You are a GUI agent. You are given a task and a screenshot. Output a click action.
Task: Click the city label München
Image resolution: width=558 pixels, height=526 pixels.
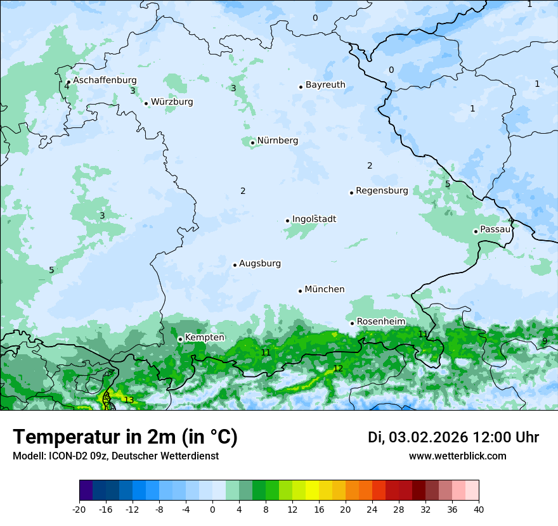(x=325, y=290)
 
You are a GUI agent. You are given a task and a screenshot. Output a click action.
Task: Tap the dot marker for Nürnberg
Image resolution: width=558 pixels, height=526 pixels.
(x=252, y=143)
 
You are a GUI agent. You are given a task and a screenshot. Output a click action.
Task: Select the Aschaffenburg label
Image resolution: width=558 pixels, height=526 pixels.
(x=105, y=80)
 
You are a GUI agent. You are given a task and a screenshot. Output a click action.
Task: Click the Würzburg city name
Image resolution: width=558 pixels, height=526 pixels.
(x=172, y=102)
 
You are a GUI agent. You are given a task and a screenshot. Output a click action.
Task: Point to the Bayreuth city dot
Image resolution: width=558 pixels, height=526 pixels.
(x=301, y=87)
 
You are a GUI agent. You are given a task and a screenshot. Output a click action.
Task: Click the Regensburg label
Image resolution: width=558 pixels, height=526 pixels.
(x=382, y=191)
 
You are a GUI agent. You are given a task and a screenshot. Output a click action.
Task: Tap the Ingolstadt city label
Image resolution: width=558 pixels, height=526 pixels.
(x=314, y=219)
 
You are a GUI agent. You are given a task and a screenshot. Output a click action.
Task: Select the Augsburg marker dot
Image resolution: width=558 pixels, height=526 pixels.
(x=235, y=265)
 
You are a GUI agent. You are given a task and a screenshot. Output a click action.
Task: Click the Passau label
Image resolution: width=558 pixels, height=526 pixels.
(x=495, y=229)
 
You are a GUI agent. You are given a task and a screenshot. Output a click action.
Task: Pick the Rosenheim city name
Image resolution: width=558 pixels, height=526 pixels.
(x=380, y=322)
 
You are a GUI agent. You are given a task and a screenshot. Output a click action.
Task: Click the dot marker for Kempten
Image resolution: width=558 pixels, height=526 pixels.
(x=180, y=339)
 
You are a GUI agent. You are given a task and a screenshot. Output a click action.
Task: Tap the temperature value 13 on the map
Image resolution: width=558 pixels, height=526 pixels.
(x=129, y=400)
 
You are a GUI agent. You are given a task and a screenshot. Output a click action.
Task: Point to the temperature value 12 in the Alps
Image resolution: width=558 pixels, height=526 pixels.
(x=338, y=368)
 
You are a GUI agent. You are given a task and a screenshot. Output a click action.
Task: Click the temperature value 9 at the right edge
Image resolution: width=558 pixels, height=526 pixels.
(x=545, y=341)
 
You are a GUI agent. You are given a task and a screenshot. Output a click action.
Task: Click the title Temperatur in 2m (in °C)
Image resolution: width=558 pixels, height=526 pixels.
(x=125, y=437)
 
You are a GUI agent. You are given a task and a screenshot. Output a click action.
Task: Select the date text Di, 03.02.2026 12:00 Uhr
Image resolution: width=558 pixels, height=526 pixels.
(x=453, y=437)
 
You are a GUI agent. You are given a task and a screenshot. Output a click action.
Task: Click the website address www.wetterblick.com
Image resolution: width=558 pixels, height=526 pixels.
(x=457, y=456)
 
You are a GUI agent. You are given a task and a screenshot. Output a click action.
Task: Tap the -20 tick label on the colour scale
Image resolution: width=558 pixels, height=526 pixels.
(x=79, y=510)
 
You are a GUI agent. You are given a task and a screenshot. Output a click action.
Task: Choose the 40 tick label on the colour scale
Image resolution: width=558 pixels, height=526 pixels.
(x=478, y=510)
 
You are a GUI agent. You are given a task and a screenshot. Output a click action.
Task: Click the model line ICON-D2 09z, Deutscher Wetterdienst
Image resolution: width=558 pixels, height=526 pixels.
(x=115, y=456)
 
